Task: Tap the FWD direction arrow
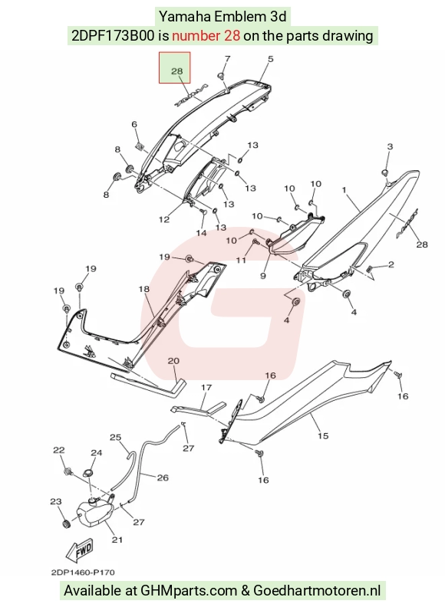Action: click(80, 550)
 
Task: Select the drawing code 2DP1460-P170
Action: click(83, 573)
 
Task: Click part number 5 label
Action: click(270, 59)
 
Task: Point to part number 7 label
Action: click(228, 59)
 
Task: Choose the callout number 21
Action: click(117, 540)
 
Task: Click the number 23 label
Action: click(56, 501)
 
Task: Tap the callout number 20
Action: click(173, 361)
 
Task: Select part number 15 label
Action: click(323, 436)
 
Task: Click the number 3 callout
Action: click(390, 146)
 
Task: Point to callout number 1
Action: click(344, 190)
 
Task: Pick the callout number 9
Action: click(263, 276)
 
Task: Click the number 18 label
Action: click(143, 289)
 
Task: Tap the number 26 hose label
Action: click(163, 477)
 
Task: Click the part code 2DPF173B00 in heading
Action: click(113, 35)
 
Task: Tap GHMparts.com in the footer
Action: click(189, 591)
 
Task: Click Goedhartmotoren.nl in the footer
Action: click(317, 591)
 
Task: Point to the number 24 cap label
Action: click(96, 452)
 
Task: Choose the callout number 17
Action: click(206, 387)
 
